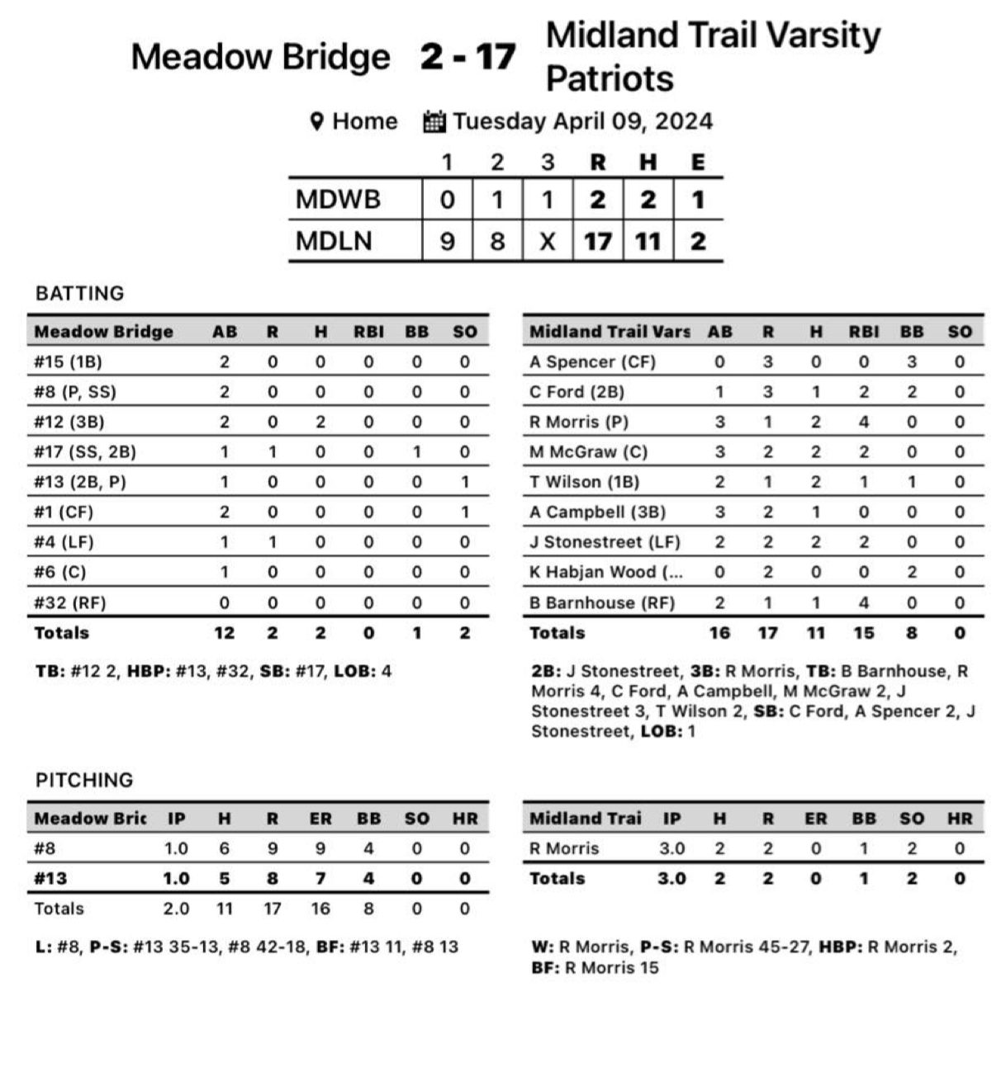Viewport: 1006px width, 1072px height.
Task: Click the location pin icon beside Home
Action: [316, 122]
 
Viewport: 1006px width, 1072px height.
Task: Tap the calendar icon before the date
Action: [434, 122]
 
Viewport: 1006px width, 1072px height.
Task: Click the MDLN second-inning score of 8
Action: [497, 241]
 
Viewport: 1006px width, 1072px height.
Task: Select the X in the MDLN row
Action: [547, 241]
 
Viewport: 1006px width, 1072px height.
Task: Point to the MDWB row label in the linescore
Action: [338, 200]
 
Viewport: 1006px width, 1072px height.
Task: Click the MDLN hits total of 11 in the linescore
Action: [648, 241]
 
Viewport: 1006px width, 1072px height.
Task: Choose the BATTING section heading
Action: [80, 293]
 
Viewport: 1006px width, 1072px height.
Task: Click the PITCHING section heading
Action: [84, 780]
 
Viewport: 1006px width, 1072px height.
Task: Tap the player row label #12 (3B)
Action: [69, 422]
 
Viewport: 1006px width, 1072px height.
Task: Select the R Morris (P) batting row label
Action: [579, 422]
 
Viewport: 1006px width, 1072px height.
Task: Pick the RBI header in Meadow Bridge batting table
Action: [368, 332]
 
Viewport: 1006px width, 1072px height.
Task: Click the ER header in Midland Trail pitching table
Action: [815, 819]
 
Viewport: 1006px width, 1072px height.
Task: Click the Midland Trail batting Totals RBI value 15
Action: [863, 633]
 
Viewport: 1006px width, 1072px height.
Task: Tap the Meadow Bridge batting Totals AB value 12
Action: [224, 633]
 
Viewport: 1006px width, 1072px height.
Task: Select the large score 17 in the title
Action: [496, 57]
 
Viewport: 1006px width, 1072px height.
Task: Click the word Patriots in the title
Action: [610, 79]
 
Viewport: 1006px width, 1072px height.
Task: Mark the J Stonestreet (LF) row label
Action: [605, 542]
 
